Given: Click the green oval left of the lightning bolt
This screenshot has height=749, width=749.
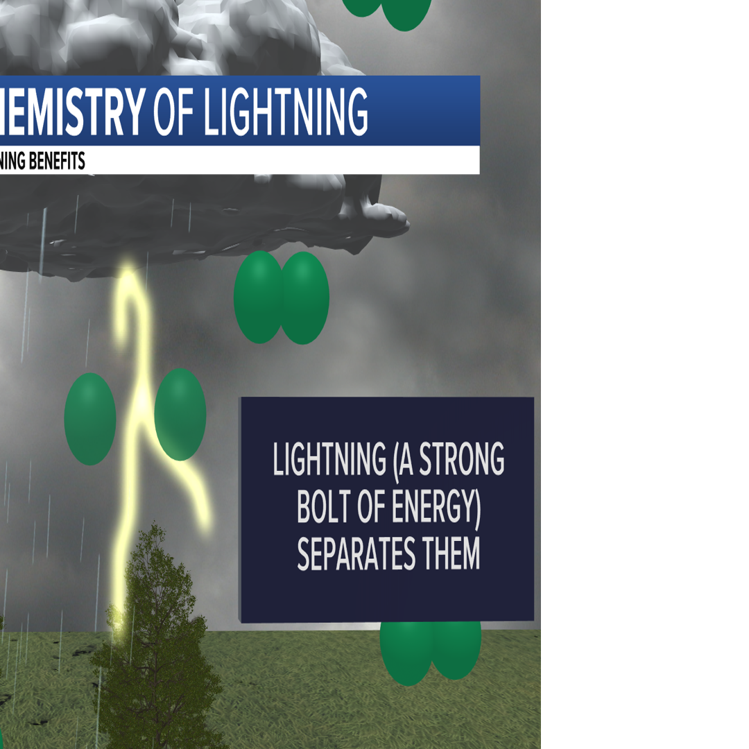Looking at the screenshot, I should click(x=90, y=418).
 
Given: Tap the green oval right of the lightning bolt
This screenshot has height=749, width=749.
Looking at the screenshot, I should click(x=180, y=414).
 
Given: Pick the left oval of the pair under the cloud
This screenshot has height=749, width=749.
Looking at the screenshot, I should click(x=259, y=297).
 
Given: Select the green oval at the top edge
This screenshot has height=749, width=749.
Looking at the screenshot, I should click(x=406, y=12).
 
